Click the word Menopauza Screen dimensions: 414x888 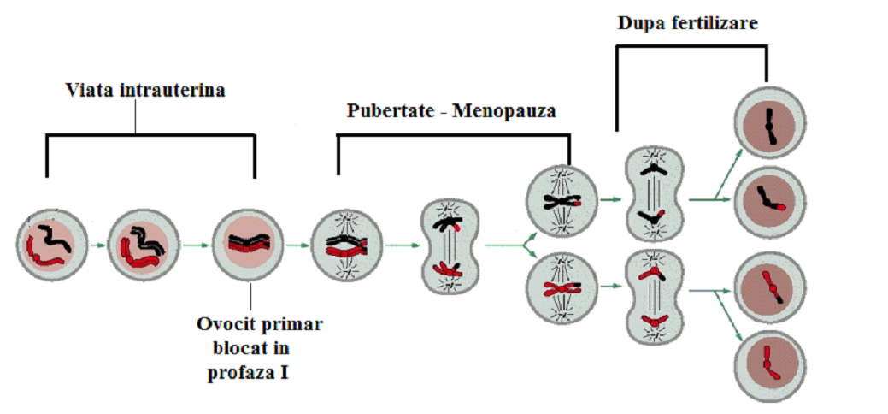[x=512, y=112]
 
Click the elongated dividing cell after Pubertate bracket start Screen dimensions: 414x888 [x=450, y=247]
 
